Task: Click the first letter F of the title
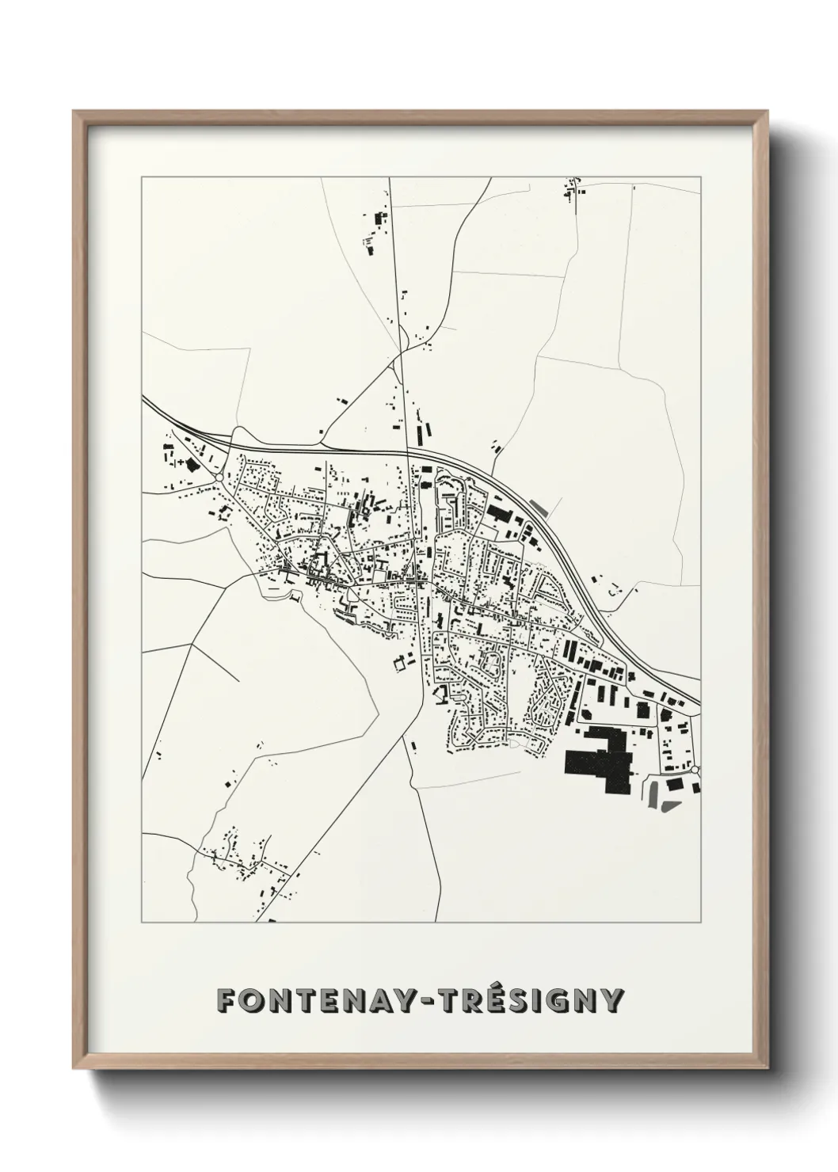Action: click(227, 1000)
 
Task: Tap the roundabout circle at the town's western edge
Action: click(218, 478)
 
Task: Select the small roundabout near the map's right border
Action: click(695, 769)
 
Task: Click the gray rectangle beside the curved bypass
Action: click(538, 504)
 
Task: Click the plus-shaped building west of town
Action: click(181, 460)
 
